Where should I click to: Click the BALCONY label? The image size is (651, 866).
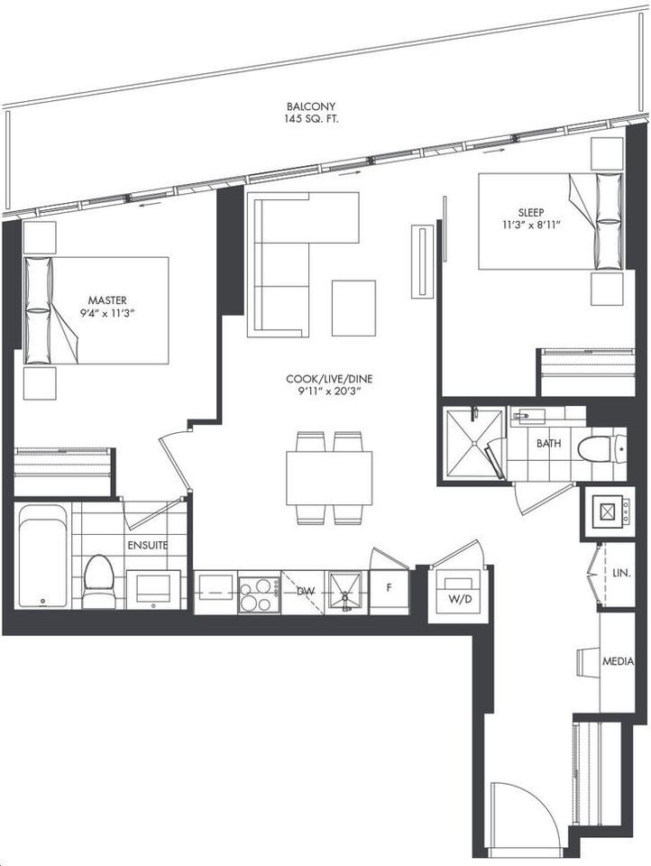point(311,106)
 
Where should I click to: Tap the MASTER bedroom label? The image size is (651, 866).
point(107,300)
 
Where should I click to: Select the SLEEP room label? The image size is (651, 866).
point(531,212)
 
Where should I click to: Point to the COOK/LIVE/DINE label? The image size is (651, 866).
point(329,379)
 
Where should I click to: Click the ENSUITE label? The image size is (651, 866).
point(148,545)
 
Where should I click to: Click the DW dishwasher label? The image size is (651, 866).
point(306,592)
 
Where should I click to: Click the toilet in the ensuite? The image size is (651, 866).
point(98,581)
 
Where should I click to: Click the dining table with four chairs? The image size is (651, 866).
point(328,478)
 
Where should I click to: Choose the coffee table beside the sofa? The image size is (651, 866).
point(353,309)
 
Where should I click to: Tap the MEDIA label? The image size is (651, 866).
point(618,661)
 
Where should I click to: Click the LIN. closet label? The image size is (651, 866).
point(621,574)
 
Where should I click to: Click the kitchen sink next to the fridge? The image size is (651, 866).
point(345,591)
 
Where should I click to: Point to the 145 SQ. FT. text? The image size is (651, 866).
point(311,119)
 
